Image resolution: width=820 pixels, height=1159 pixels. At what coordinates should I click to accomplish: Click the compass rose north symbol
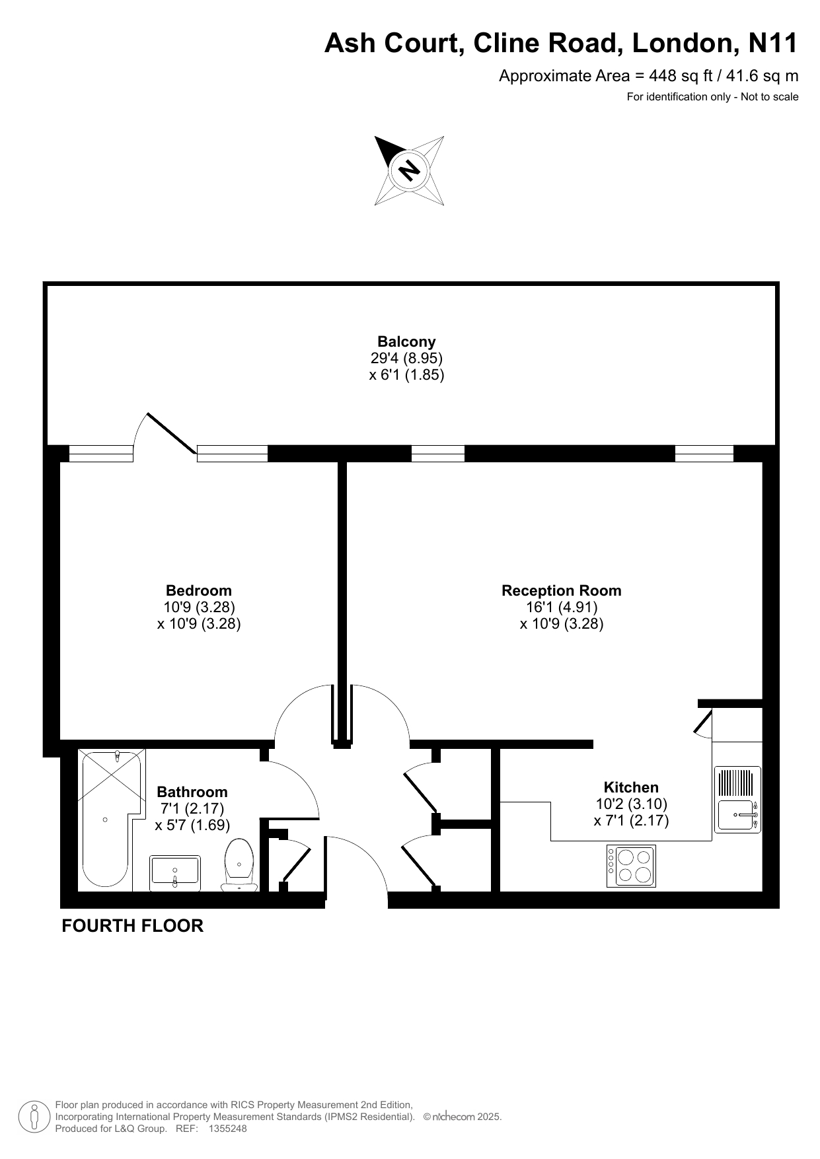click(x=410, y=170)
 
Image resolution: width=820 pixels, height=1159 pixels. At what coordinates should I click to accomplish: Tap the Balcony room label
click(x=406, y=341)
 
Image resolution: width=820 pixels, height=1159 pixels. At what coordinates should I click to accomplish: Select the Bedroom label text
click(x=199, y=590)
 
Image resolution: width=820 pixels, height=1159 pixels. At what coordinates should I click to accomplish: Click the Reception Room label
click(x=562, y=590)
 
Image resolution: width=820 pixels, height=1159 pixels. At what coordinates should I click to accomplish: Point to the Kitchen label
click(x=631, y=787)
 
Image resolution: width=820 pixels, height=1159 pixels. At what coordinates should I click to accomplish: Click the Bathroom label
click(x=192, y=792)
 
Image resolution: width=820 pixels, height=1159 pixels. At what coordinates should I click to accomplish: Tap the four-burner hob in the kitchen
click(x=631, y=866)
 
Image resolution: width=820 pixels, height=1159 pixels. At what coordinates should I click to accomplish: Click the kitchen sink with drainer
click(x=737, y=799)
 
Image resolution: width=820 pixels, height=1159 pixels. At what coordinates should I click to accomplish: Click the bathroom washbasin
click(x=175, y=873)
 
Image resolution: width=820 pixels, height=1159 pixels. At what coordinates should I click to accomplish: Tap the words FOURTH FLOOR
click(x=132, y=926)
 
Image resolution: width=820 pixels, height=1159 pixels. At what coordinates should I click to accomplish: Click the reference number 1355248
click(x=227, y=1129)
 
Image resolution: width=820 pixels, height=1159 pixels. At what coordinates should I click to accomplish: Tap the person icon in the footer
click(x=34, y=1117)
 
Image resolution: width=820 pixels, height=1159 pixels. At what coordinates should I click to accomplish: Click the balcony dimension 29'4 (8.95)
click(x=406, y=358)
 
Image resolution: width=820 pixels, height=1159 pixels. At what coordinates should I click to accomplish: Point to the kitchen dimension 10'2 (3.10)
click(x=632, y=804)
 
